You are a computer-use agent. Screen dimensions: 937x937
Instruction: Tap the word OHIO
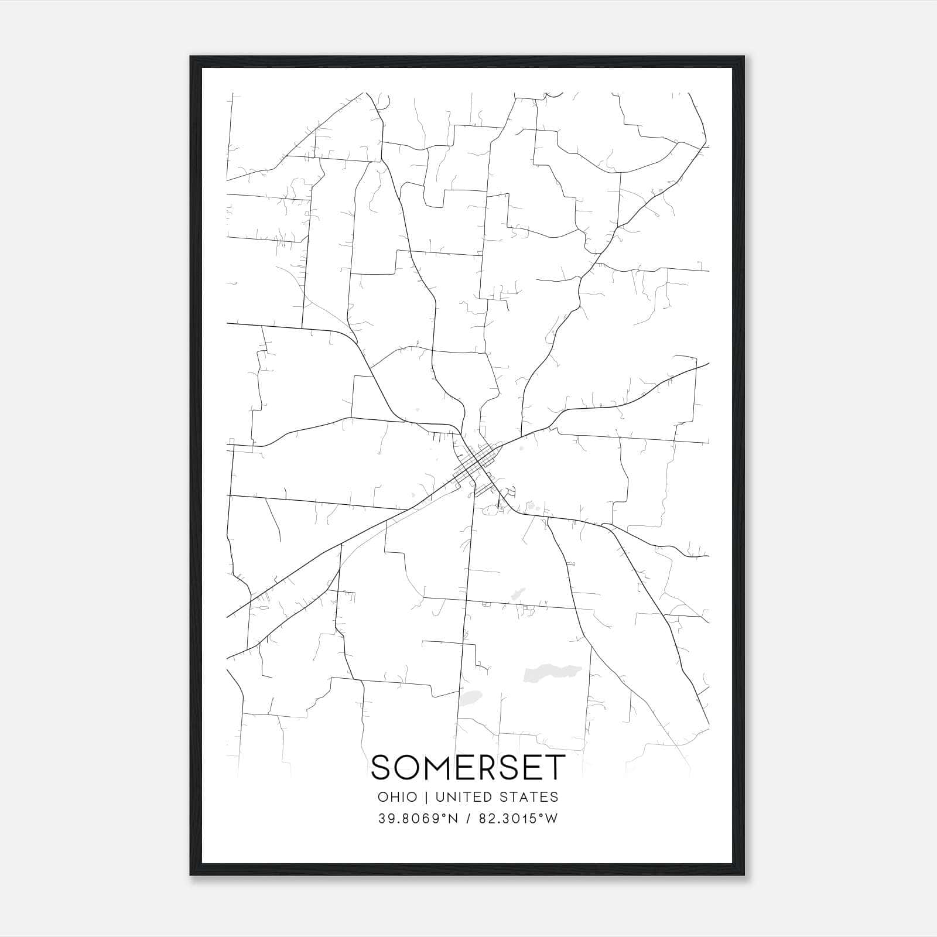(x=398, y=797)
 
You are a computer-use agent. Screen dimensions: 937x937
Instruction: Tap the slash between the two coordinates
(x=470, y=819)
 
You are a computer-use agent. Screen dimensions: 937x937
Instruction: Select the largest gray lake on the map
(x=549, y=672)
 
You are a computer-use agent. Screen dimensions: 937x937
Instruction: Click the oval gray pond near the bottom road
(x=470, y=698)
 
